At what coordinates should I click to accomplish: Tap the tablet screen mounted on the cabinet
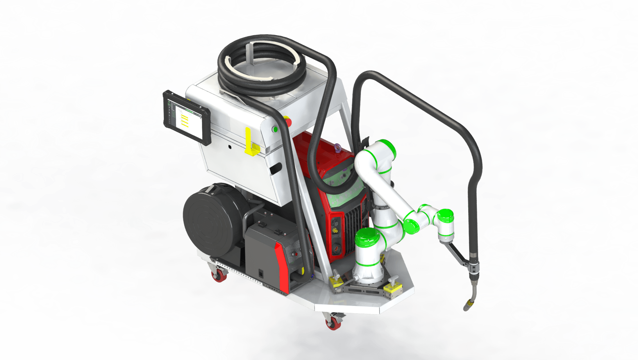click(x=187, y=118)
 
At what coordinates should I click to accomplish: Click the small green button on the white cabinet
click(x=275, y=129)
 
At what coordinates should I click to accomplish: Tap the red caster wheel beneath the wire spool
click(x=218, y=276)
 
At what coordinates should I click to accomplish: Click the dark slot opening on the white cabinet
click(x=276, y=168)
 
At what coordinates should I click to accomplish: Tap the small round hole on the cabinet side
click(x=230, y=146)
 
